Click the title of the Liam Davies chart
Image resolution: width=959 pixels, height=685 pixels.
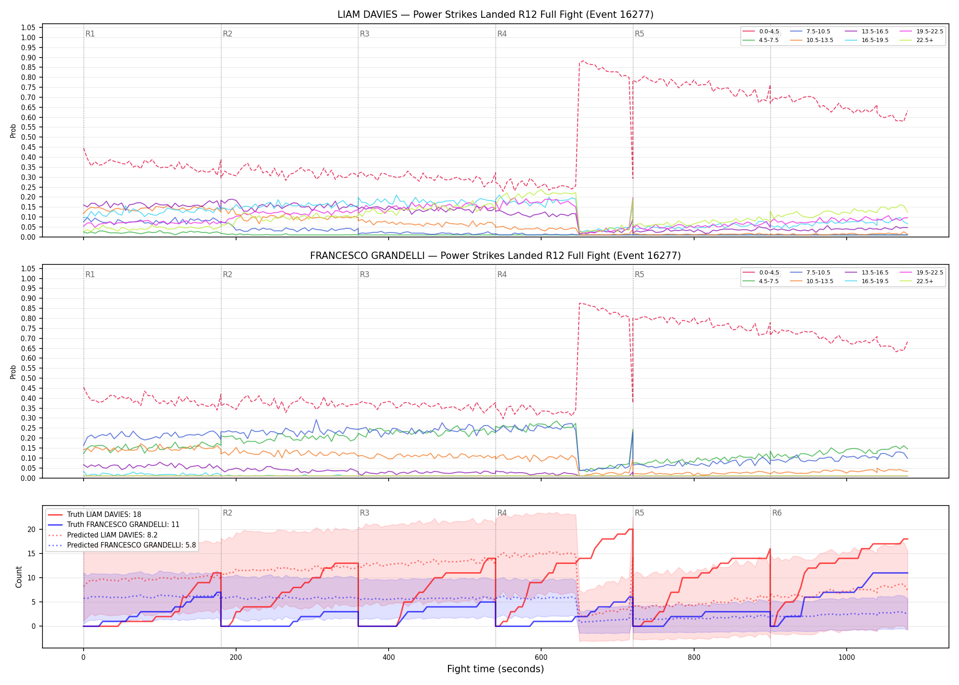(x=495, y=15)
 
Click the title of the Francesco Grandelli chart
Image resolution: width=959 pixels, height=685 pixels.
(x=495, y=256)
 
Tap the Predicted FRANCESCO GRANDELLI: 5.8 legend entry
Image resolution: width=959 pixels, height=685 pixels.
(x=122, y=545)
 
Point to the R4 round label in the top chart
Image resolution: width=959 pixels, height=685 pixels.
(x=502, y=34)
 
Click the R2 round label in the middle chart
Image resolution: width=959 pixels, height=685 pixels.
(x=227, y=274)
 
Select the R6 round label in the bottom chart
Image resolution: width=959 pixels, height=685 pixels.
(x=777, y=513)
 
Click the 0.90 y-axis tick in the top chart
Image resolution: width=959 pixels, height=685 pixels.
(x=28, y=58)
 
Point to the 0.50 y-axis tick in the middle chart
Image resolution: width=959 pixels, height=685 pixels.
(x=28, y=378)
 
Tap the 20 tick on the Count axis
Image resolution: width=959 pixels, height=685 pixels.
(x=32, y=530)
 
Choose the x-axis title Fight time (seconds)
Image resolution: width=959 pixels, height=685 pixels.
(x=495, y=669)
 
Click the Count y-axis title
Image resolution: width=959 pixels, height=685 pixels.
(x=19, y=577)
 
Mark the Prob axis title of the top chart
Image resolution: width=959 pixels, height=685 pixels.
(x=13, y=131)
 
